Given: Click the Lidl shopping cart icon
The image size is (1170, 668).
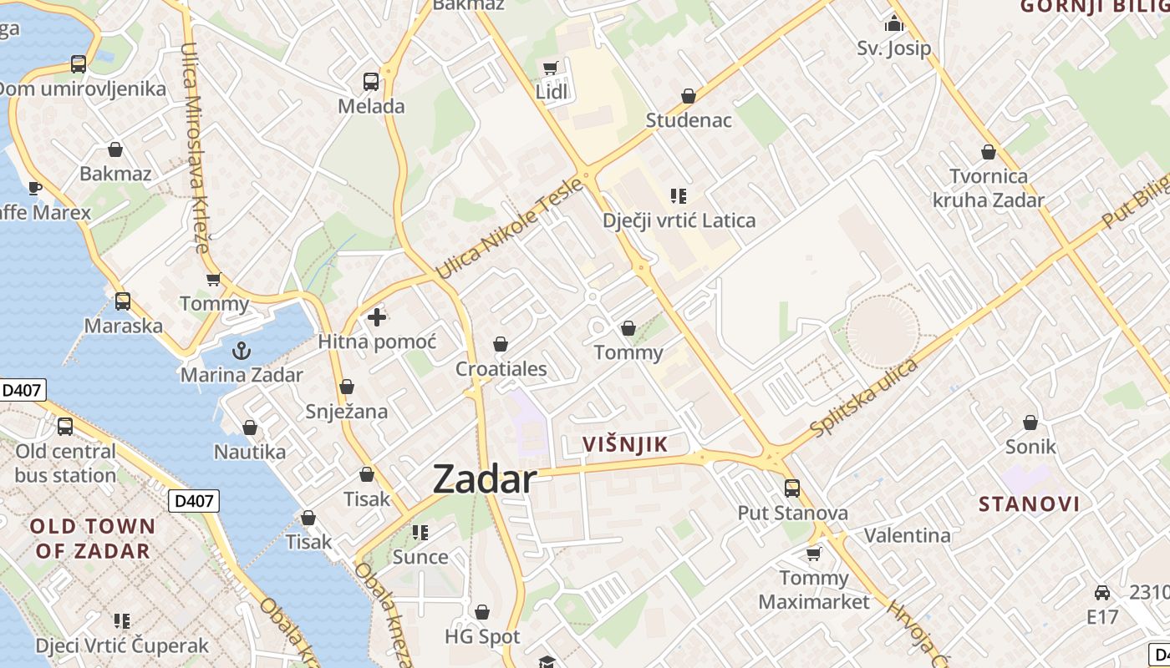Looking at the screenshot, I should pyautogui.click(x=550, y=68).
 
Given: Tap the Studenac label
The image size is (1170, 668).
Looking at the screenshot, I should pyautogui.click(x=689, y=120).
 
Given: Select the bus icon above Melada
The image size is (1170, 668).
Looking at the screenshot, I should pyautogui.click(x=371, y=82).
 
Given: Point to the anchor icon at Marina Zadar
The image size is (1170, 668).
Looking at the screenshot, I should pyautogui.click(x=242, y=350).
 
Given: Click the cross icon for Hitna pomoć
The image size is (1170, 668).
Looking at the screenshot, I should pyautogui.click(x=377, y=317).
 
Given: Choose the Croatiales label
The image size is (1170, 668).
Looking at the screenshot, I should pyautogui.click(x=501, y=369).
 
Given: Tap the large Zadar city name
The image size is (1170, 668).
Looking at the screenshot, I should pyautogui.click(x=485, y=479).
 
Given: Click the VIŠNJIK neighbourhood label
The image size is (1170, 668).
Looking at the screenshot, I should pyautogui.click(x=626, y=444).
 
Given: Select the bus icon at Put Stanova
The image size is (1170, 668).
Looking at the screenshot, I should pyautogui.click(x=792, y=488).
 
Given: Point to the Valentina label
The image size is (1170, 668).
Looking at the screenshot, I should pyautogui.click(x=907, y=535).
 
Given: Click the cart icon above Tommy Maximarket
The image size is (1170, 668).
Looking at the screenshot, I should pyautogui.click(x=813, y=554).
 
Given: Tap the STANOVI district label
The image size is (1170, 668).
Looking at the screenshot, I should pyautogui.click(x=1029, y=504).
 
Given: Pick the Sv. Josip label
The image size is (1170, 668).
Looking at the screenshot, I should pyautogui.click(x=893, y=48).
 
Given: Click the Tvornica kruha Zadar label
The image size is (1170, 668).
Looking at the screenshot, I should pyautogui.click(x=989, y=188).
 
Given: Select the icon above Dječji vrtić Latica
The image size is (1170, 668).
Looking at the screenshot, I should pyautogui.click(x=679, y=197).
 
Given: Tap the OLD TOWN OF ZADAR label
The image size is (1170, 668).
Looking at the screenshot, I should pyautogui.click(x=93, y=539).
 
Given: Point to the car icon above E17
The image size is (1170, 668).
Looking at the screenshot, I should pyautogui.click(x=1102, y=593).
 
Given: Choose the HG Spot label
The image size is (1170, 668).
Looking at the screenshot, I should pyautogui.click(x=482, y=637).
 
